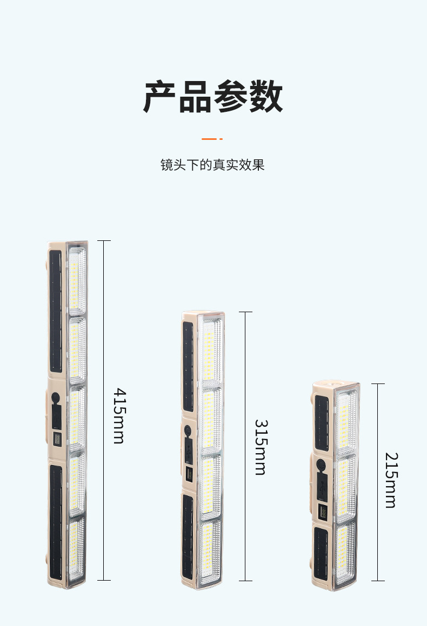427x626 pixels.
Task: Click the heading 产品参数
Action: tap(213, 97)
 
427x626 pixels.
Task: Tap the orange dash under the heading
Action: tap(212, 139)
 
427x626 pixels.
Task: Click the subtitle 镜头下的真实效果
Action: tap(212, 165)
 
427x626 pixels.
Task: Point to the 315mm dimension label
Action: tap(261, 447)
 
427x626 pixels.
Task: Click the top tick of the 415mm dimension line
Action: tap(104, 241)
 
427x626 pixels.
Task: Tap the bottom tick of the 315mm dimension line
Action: tap(245, 581)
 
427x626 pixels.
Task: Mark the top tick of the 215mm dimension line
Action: tap(378, 384)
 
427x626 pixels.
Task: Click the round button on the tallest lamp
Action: tap(56, 397)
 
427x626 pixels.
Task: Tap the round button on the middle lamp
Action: tap(188, 432)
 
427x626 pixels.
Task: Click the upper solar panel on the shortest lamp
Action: tap(322, 422)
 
